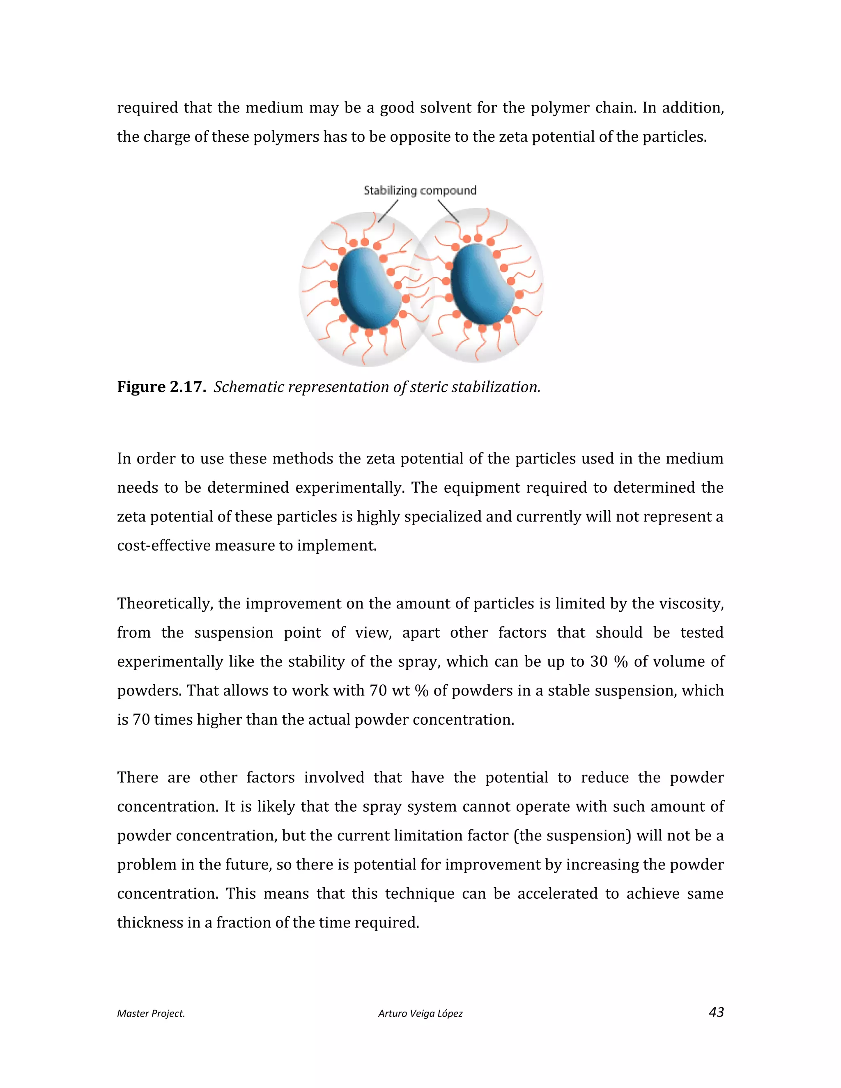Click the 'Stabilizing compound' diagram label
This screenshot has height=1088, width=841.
[420, 191]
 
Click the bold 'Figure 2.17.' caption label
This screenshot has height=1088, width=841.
[161, 387]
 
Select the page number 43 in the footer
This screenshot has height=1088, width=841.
[716, 1012]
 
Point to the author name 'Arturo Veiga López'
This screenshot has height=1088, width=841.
[420, 1013]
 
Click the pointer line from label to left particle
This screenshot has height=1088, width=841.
[388, 211]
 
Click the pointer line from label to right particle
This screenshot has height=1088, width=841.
[448, 211]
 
